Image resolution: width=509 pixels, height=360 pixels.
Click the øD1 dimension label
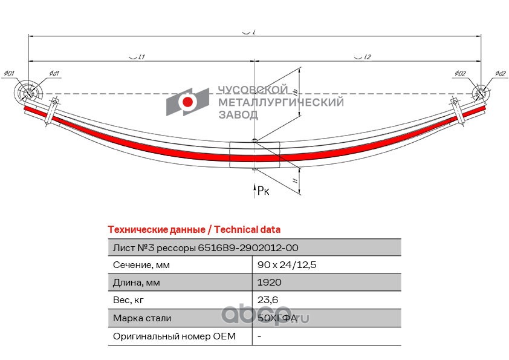point(8,74)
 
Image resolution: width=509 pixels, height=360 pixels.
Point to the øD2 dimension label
point(461,74)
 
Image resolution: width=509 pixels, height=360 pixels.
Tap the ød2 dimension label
point(499,74)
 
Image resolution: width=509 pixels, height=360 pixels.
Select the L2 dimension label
point(366,57)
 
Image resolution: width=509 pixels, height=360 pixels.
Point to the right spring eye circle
point(480,93)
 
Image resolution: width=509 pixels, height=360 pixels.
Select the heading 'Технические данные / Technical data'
point(194,230)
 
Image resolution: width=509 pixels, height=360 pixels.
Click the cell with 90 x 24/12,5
point(287,265)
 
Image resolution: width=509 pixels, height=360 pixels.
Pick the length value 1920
point(269,283)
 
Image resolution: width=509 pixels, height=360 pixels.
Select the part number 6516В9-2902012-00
point(248,247)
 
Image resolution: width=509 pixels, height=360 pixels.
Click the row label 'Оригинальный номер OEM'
point(174,336)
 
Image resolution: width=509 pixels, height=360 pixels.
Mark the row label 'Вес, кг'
point(128,300)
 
